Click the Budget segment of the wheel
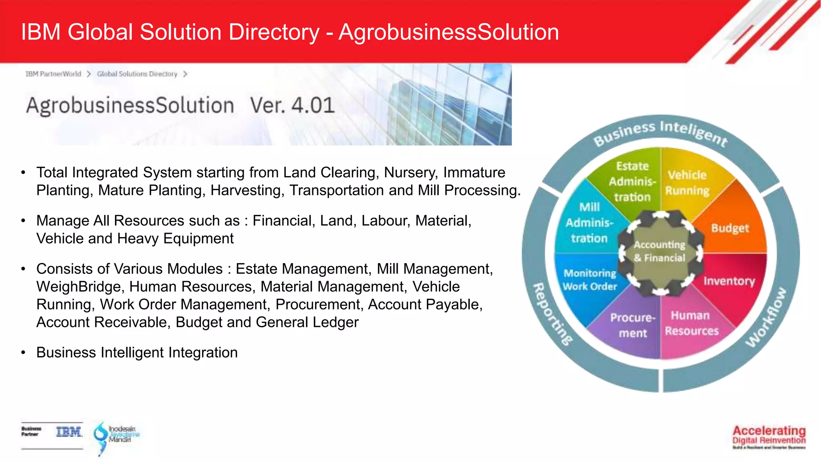pos(730,228)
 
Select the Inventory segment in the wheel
pos(729,281)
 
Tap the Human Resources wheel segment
pos(692,323)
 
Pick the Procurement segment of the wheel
pos(633,325)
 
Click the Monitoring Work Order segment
pos(590,280)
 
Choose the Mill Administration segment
pos(589,223)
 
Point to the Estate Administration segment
pos(632,182)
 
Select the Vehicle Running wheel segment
pos(687,183)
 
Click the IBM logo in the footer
pos(69,432)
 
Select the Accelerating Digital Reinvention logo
pos(769,436)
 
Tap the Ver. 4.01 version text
pos(292,105)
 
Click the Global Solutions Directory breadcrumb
pos(137,74)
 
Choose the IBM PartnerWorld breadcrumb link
pos(53,74)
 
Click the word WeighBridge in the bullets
pos(79,287)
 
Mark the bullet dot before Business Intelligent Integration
pos(24,353)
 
